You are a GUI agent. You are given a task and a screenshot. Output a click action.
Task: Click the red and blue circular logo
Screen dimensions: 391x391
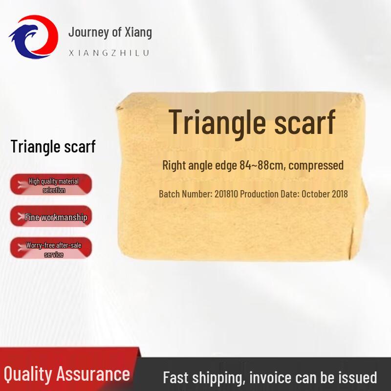point(33,36)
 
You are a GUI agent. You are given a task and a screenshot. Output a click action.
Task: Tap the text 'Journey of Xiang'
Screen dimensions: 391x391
point(110,32)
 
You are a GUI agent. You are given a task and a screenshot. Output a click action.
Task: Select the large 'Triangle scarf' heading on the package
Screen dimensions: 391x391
point(252,122)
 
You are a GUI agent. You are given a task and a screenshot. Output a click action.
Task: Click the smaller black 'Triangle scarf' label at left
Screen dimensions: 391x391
point(53,146)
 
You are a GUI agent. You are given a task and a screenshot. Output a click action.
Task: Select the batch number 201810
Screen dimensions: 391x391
point(227,194)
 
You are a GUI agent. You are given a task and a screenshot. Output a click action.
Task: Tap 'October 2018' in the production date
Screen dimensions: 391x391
point(325,194)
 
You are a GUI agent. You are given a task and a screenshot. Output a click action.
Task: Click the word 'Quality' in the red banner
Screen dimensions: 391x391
point(27,374)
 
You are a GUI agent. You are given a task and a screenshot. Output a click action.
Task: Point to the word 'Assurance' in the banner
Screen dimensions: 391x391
point(93,374)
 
